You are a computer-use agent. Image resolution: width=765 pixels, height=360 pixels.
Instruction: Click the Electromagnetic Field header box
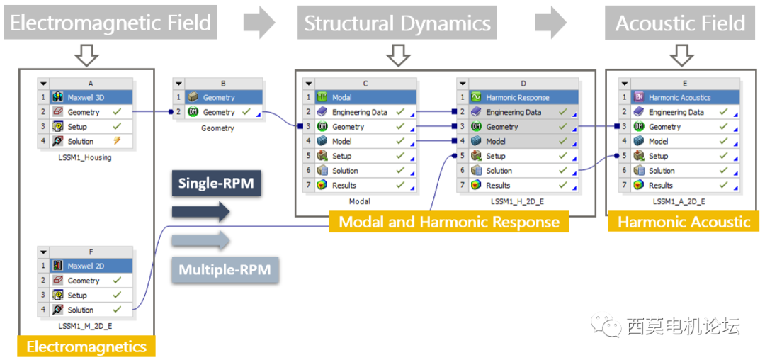click(110, 23)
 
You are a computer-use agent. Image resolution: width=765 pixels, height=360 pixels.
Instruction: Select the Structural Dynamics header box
click(397, 23)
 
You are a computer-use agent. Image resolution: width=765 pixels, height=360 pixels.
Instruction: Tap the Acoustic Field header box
click(680, 23)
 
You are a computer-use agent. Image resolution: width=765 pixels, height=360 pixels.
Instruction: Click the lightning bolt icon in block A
click(117, 142)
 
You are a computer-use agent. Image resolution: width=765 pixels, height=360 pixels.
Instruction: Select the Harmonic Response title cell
click(524, 97)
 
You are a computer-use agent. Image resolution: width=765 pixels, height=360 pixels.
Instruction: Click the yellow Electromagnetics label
click(86, 347)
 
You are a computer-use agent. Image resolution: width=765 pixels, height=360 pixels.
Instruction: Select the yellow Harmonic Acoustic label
click(684, 222)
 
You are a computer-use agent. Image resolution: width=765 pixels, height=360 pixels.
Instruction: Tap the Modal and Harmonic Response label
click(449, 222)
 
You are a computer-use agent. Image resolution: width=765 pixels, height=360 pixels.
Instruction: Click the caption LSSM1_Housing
click(85, 157)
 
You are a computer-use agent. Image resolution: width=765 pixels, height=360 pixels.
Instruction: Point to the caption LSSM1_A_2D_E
click(680, 201)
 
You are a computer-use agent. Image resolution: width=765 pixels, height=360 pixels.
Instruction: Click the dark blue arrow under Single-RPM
click(202, 211)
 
